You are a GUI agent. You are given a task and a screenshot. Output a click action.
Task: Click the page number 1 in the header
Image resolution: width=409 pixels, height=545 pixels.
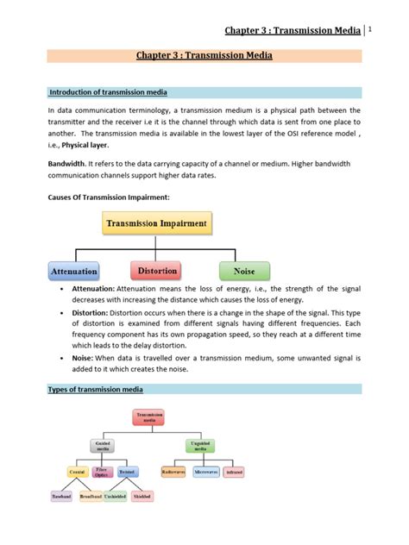[x=370, y=29]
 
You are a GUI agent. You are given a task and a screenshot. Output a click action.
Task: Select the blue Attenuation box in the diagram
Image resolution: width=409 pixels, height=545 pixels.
[x=74, y=270]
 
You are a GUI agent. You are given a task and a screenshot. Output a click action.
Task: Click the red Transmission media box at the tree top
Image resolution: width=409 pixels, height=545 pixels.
[x=154, y=417]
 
